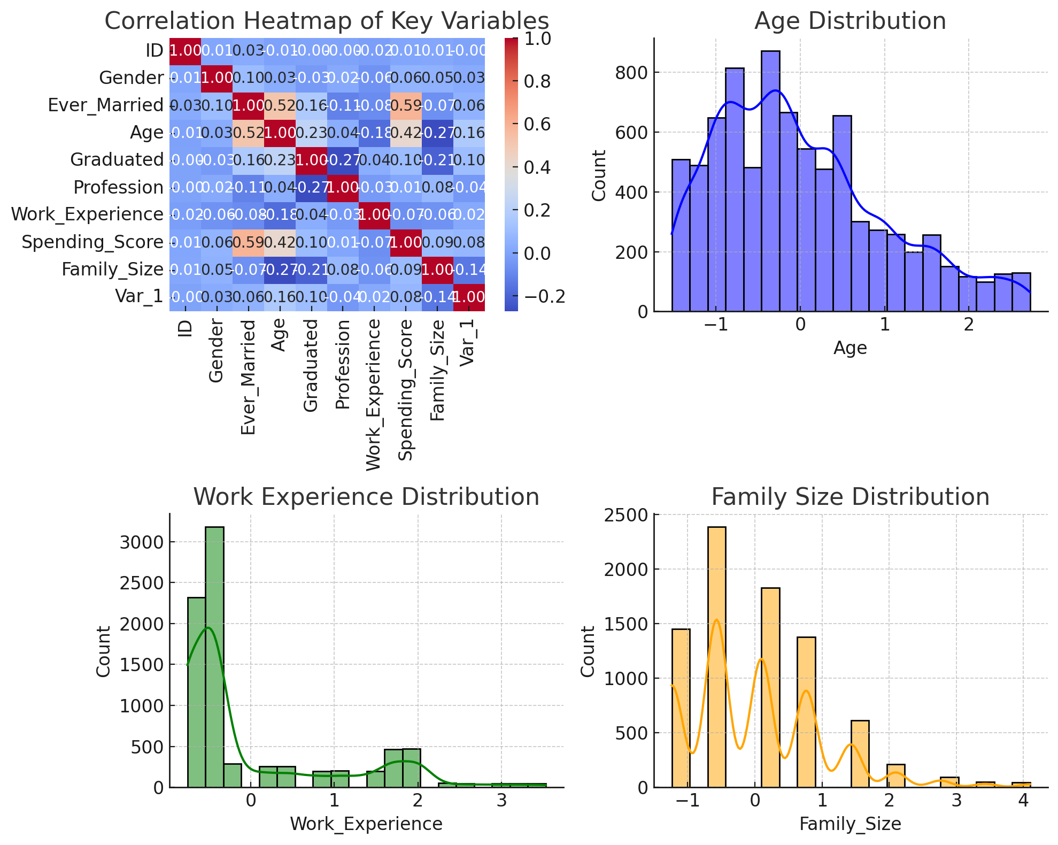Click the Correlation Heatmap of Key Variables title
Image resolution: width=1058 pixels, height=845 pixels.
click(327, 21)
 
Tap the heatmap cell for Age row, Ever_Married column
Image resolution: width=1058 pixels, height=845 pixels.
click(249, 133)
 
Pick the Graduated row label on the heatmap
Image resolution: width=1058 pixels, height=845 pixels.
click(117, 160)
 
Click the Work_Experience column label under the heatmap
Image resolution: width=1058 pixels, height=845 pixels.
click(374, 395)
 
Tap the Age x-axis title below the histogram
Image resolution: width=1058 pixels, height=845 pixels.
click(850, 348)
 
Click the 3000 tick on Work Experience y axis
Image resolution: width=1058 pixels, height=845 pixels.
click(142, 542)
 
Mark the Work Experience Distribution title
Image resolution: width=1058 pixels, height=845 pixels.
click(366, 497)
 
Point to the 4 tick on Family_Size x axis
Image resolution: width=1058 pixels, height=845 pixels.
click(1023, 801)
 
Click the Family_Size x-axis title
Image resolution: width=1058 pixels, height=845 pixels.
click(850, 824)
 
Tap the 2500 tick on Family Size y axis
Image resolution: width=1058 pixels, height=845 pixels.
click(626, 515)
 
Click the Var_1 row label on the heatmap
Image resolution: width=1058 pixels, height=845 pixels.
click(139, 296)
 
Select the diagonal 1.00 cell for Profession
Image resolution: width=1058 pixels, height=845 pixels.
click(343, 187)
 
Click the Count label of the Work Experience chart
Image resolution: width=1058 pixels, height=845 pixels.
click(104, 651)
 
